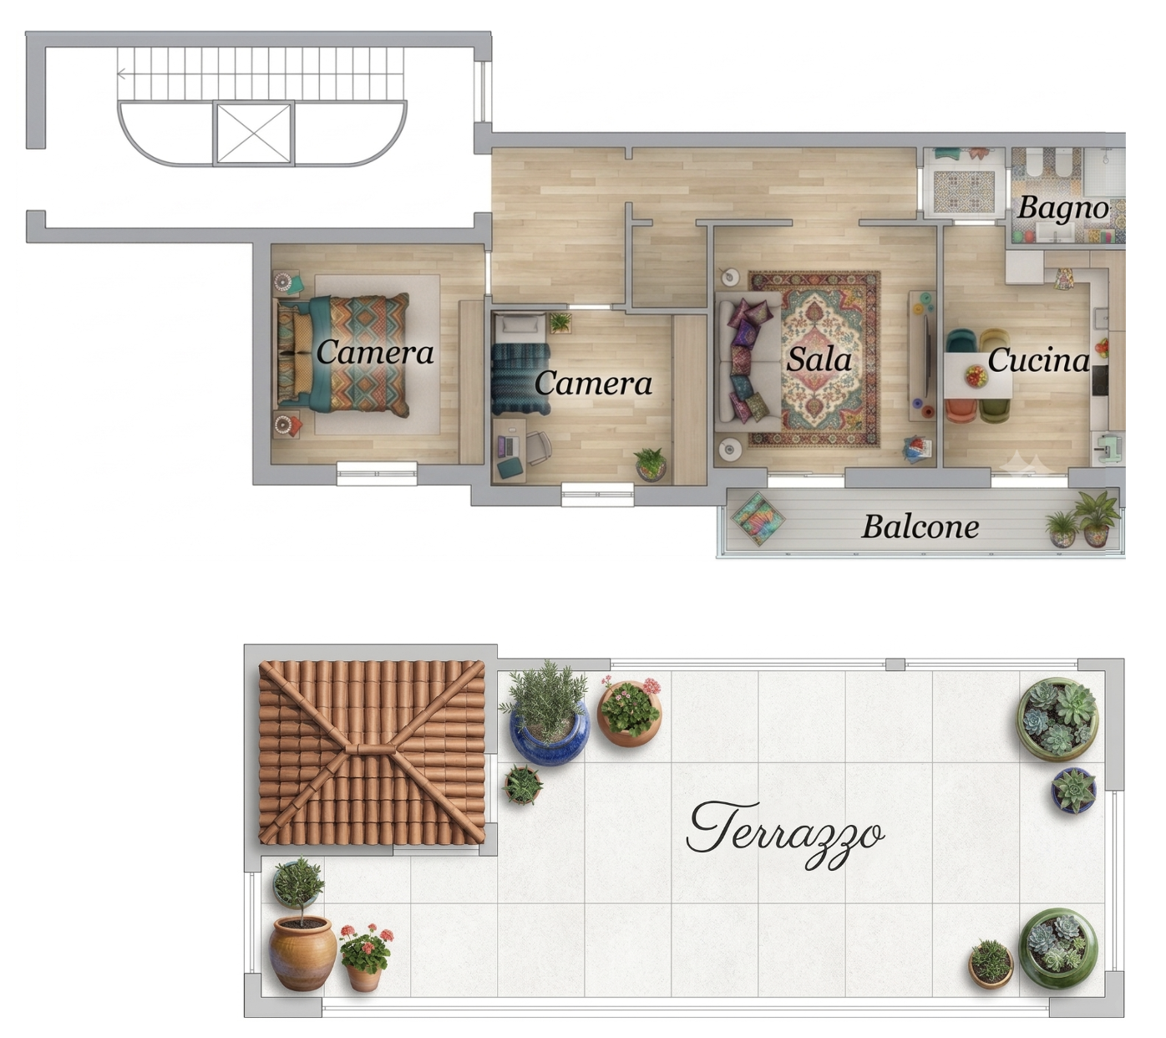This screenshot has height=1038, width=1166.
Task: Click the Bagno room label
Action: tap(1062, 209)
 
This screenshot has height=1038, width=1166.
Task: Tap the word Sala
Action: tap(819, 360)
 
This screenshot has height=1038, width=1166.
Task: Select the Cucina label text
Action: tap(1038, 360)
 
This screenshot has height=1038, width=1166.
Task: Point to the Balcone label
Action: tap(920, 527)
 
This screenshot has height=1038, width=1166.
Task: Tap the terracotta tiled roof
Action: tap(372, 752)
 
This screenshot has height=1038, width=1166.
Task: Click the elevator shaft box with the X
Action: tap(254, 133)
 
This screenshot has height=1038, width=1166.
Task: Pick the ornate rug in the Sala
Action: tap(814, 359)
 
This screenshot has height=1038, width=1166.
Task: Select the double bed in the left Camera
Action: tap(342, 355)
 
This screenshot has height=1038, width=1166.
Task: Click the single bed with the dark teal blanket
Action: tap(521, 364)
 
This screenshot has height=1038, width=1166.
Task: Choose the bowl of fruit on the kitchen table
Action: tap(976, 376)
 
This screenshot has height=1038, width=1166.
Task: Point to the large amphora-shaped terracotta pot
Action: tap(302, 954)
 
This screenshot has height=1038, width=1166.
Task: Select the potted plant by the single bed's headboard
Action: tap(560, 323)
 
